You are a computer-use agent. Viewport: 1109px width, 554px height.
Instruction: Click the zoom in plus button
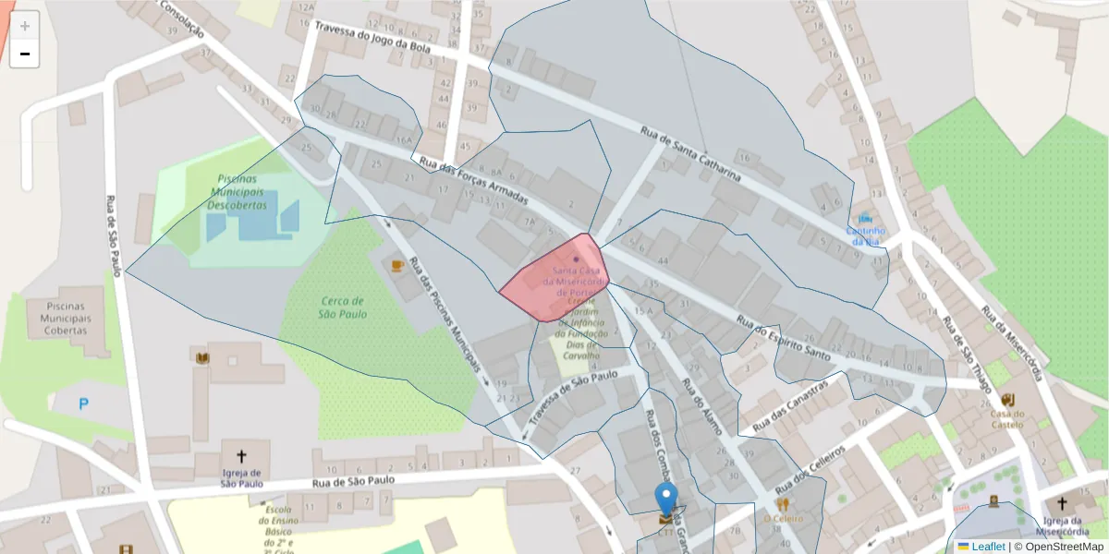(x=25, y=26)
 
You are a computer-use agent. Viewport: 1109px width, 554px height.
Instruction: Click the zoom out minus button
(x=25, y=54)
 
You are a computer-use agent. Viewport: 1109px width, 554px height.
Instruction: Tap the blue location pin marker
(x=665, y=500)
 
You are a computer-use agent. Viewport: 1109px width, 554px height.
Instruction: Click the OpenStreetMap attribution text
(x=1059, y=546)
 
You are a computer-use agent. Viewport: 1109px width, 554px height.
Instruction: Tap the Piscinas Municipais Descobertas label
(x=236, y=191)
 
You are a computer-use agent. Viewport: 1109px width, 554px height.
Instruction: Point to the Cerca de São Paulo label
(x=343, y=307)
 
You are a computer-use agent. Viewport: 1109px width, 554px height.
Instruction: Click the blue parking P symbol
(x=84, y=403)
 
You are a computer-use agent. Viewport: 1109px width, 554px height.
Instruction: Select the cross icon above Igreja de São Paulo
(x=242, y=455)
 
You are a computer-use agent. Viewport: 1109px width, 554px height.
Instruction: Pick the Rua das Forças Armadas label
(x=473, y=180)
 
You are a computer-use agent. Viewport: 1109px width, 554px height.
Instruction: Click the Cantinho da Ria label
(x=866, y=235)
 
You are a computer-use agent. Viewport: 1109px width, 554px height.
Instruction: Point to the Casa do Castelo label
(x=1008, y=418)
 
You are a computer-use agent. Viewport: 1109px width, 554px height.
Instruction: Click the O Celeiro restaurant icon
(x=783, y=504)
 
